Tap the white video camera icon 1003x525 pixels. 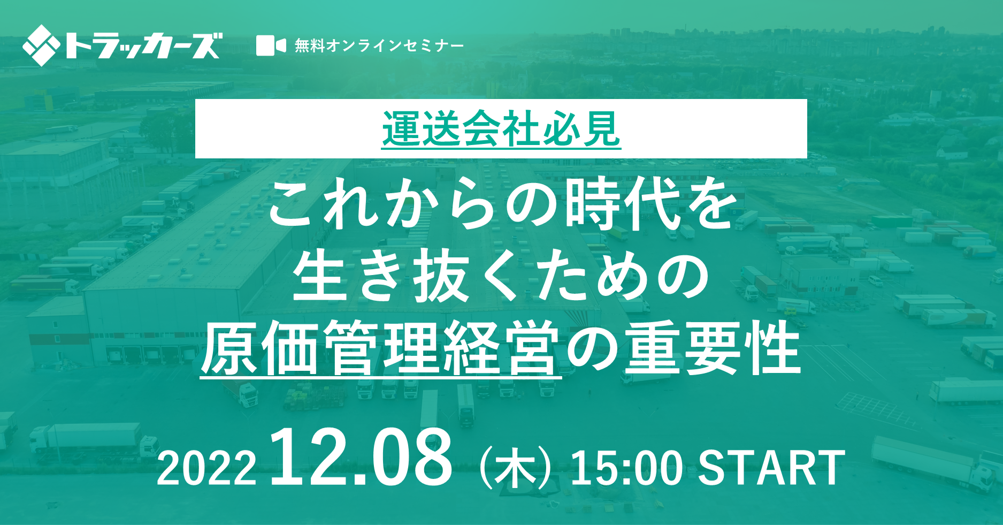pyautogui.click(x=271, y=45)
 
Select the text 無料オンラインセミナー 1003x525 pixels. pyautogui.click(x=379, y=45)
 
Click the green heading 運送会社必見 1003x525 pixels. pyautogui.click(x=501, y=129)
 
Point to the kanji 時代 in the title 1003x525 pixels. pyautogui.click(x=622, y=204)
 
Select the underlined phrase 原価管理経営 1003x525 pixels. pyautogui.click(x=380, y=348)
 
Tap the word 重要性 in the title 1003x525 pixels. pyautogui.click(x=713, y=348)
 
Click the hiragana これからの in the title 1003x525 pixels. pyautogui.click(x=413, y=204)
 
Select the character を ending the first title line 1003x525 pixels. pyautogui.click(x=709, y=204)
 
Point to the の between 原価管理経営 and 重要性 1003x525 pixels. pyautogui.click(x=592, y=349)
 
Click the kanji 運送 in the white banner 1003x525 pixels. pyautogui.click(x=422, y=129)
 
